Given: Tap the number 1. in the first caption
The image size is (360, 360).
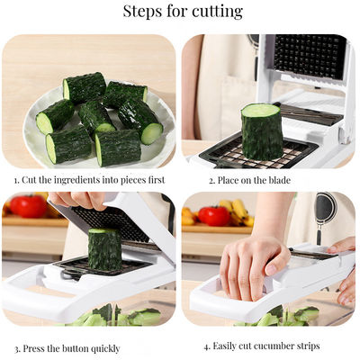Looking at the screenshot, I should (16, 180).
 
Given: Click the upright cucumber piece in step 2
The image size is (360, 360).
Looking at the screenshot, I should (261, 131).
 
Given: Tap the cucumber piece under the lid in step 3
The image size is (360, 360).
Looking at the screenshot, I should (104, 249).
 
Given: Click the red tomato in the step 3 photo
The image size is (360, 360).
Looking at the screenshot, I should (27, 206).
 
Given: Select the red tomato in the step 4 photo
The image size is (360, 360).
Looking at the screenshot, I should (214, 216).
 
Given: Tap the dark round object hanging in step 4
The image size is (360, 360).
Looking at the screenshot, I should (325, 210).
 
